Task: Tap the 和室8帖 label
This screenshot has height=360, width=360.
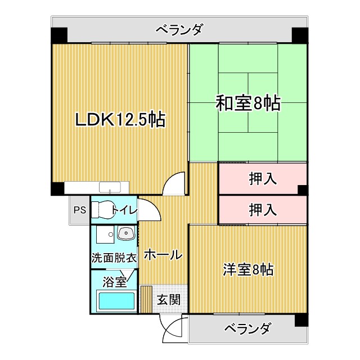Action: pos(248,103)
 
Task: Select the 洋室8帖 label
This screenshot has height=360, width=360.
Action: pos(247,269)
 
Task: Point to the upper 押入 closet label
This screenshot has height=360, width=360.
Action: pos(263,179)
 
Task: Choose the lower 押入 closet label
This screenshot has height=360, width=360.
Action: pos(263,210)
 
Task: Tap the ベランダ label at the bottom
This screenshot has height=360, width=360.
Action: pos(248,328)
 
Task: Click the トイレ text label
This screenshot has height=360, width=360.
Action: pos(123,210)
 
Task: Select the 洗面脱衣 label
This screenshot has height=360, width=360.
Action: pos(114,258)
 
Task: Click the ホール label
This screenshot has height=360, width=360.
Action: pos(163,255)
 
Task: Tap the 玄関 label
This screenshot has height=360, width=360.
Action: pos(168,300)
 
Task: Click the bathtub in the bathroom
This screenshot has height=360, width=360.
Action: pos(116,301)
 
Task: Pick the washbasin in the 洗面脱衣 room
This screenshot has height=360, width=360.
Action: pos(126,233)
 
